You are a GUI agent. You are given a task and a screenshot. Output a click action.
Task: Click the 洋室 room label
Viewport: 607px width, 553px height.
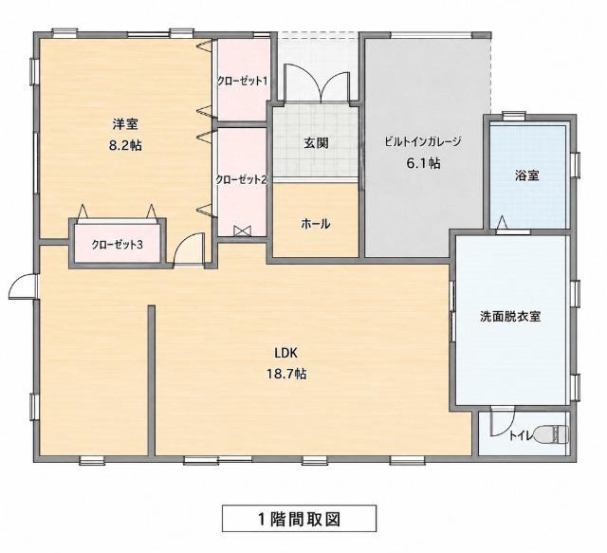[x=125, y=124]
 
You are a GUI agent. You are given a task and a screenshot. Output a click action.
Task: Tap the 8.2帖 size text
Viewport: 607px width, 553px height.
[x=125, y=146]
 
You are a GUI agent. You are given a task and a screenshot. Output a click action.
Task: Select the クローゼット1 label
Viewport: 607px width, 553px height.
[x=242, y=81]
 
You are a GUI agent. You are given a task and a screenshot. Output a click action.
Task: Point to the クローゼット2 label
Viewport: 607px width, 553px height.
[x=242, y=179]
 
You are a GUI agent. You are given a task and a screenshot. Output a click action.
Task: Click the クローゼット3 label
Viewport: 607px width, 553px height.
[x=118, y=245]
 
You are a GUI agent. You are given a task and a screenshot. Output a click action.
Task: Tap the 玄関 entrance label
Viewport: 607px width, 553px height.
[x=316, y=143]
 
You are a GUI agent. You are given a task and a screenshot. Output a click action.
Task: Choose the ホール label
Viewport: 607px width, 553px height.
[x=316, y=224]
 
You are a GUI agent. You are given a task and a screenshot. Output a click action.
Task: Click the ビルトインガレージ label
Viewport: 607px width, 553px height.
[x=423, y=141]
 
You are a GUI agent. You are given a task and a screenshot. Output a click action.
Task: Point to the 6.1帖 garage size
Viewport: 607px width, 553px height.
[x=423, y=163]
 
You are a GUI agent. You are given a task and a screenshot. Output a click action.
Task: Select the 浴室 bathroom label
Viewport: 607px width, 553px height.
[x=527, y=175]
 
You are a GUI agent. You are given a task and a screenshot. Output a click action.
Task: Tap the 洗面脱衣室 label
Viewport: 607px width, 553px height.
[x=510, y=317]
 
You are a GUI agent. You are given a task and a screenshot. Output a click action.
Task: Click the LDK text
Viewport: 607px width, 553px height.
[x=285, y=353]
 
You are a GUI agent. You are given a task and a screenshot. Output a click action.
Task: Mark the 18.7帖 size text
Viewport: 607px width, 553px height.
[x=286, y=374]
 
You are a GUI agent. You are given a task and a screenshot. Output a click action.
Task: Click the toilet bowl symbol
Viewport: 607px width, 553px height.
[x=551, y=434]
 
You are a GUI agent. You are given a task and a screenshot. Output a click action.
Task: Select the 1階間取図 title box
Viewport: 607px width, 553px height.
[x=299, y=518]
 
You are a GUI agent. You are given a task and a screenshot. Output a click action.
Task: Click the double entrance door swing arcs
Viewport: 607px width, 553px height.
[x=316, y=83]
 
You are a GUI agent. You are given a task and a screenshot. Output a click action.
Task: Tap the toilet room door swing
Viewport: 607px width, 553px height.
[x=502, y=422]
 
